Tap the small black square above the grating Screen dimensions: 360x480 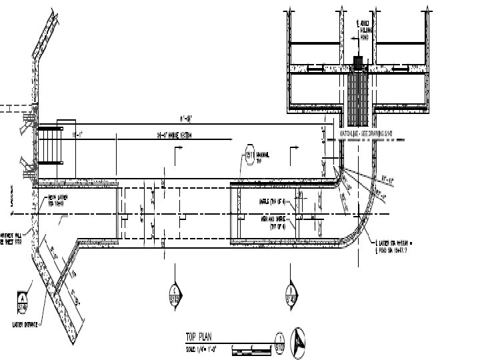click(359, 62)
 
